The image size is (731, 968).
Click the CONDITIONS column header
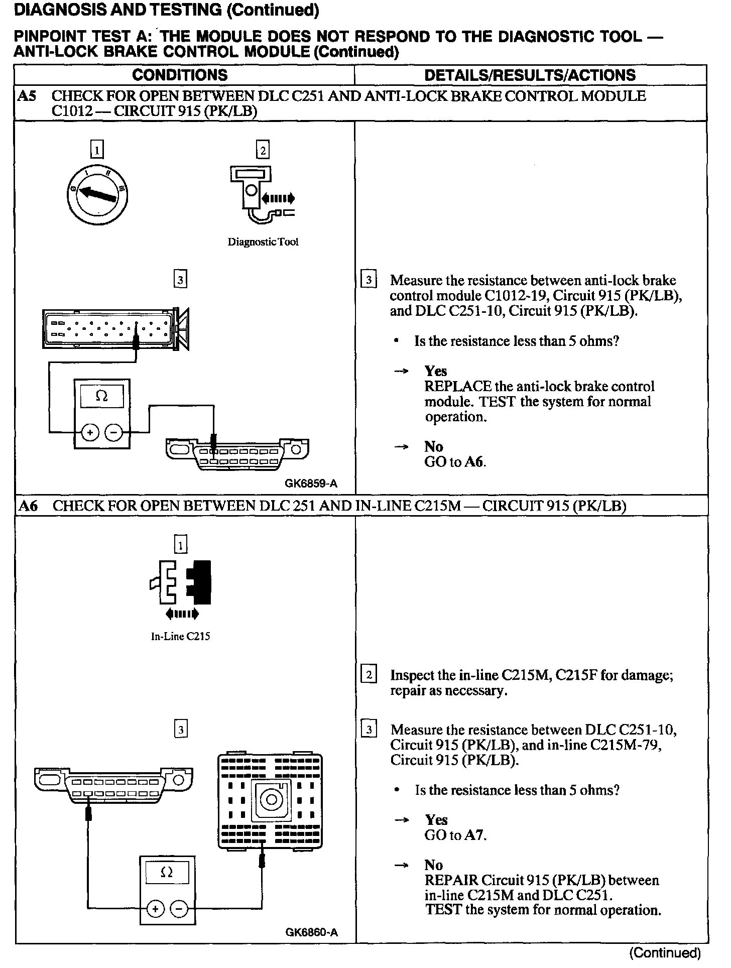[x=180, y=75]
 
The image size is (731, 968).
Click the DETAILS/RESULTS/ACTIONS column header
[x=530, y=75]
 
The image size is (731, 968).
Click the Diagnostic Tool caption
[x=263, y=242]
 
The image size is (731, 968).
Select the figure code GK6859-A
[x=311, y=483]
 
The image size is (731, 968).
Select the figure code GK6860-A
[x=312, y=932]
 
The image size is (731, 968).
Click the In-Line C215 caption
[x=181, y=637]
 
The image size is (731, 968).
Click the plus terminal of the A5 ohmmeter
[x=90, y=432]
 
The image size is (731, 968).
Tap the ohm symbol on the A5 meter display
[x=101, y=396]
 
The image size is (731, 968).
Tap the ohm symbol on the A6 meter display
[x=166, y=873]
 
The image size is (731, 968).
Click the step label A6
[x=28, y=506]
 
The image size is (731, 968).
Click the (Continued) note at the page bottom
[x=664, y=952]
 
